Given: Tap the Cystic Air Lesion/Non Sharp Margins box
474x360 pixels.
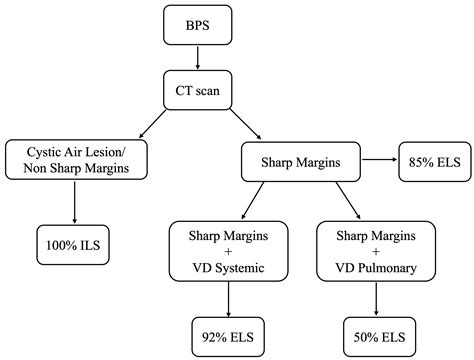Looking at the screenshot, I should (x=75, y=159).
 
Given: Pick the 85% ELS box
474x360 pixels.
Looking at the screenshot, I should (x=430, y=159).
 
